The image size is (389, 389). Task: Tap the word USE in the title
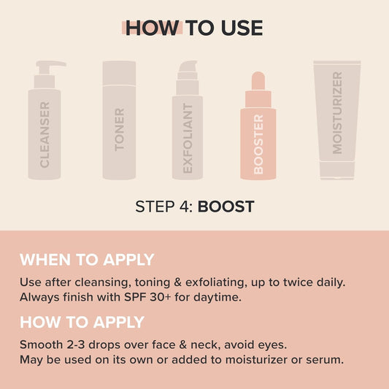coord(237,28)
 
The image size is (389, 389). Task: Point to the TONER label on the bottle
coord(120,130)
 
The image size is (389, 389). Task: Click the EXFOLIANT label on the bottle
coord(188,139)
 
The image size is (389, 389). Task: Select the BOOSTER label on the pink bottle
coord(258,144)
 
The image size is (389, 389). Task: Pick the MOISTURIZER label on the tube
coord(336,113)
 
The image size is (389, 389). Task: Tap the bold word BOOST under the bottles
coord(226,207)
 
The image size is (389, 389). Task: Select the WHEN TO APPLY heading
coord(87,259)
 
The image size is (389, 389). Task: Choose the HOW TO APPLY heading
coord(82,322)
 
